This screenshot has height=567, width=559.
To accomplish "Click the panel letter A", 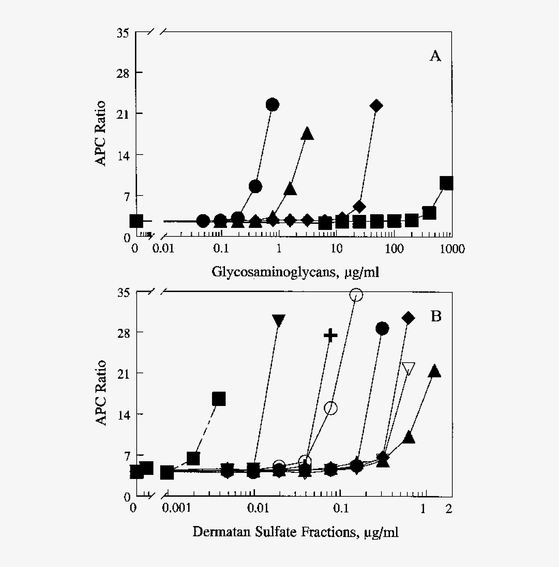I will (435, 56).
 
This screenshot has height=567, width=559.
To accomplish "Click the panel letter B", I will (436, 317).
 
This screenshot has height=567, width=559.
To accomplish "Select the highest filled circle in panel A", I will (273, 104).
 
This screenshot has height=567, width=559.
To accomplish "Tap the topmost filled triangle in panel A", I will (307, 133).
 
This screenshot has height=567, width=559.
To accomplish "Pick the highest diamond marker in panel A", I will (376, 105).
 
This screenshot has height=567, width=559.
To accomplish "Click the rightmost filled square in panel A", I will (447, 183).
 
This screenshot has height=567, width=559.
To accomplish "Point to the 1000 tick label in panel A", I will (452, 249).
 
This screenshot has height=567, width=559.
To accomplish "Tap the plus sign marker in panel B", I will (331, 335).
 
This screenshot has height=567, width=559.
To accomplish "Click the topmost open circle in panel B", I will (356, 295).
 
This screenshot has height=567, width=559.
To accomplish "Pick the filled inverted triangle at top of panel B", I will (278, 321).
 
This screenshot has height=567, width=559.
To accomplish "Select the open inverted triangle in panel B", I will (408, 369).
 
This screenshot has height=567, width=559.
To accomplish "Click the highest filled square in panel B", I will (219, 398).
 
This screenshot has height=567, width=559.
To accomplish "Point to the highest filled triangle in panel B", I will (434, 371).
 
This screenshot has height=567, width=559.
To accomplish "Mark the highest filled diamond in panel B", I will (408, 317).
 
